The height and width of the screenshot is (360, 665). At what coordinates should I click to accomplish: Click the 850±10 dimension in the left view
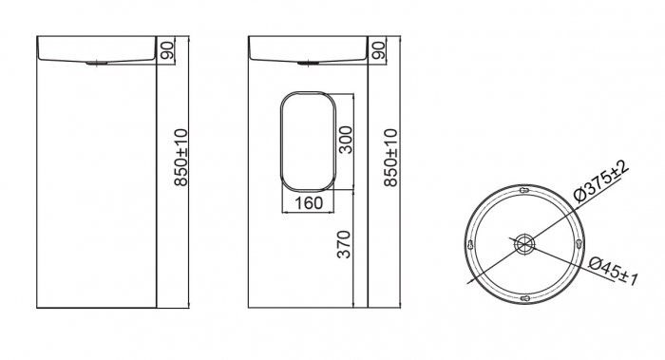coord(180,158)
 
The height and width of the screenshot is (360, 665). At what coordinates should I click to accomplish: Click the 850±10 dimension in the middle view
coord(391,158)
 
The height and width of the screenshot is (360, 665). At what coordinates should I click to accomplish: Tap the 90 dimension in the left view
coord(167,50)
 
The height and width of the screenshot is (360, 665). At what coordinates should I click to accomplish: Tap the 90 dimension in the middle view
coord(378,50)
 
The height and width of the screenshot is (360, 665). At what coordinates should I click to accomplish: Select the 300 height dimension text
coord(346,140)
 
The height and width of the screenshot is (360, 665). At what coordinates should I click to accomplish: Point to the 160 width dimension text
coord(309,203)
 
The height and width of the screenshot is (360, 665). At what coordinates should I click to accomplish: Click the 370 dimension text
coord(344,244)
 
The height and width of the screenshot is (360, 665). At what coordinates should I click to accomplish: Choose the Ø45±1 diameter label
coord(614,272)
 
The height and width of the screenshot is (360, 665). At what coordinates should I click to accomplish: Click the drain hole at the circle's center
coord(524,244)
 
